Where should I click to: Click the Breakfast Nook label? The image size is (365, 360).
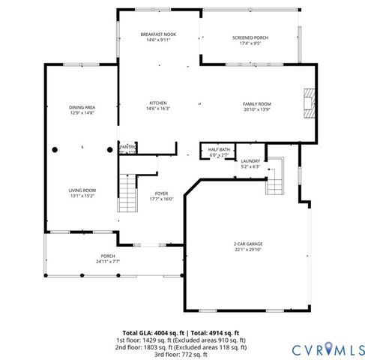pos(157,35)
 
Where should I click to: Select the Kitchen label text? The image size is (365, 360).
pos(157,103)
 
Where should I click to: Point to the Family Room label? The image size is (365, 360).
pos(256,103)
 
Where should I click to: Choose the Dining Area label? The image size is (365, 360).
pos(82,107)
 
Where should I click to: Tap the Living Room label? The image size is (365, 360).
pos(83,190)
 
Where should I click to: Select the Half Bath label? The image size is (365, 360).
pos(219,149)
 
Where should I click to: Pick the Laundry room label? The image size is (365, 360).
pos(250,161)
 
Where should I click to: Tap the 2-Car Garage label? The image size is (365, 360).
pos(248,244)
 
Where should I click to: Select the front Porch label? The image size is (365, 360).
pos(108,256)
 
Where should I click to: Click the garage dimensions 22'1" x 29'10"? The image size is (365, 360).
pos(248,250)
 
